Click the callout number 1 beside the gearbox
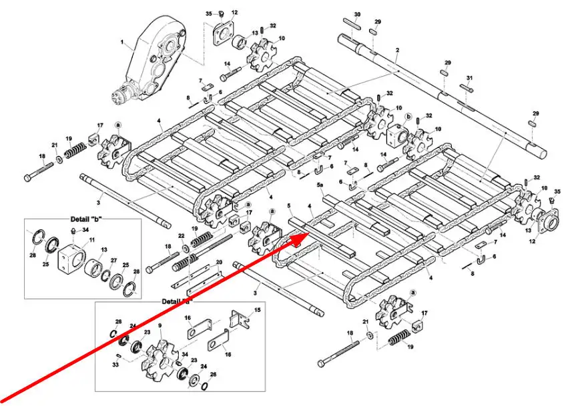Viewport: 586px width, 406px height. coord(122,43)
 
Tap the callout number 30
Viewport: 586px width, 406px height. coord(357,15)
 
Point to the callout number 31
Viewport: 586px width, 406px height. coord(470,78)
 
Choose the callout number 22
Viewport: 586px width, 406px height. coord(181,237)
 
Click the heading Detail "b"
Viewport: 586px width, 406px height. coord(89,219)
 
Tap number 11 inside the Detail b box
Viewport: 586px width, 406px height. coord(91,239)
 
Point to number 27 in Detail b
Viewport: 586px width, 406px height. coord(113,261)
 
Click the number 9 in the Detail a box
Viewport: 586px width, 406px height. coord(160,325)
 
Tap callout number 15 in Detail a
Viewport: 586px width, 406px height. coord(257,311)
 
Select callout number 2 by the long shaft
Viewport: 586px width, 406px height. coord(397,51)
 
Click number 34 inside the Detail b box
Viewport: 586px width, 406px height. coord(85,231)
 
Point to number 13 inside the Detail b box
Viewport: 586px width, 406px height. coord(103,250)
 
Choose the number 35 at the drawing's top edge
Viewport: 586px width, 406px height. coord(208,13)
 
